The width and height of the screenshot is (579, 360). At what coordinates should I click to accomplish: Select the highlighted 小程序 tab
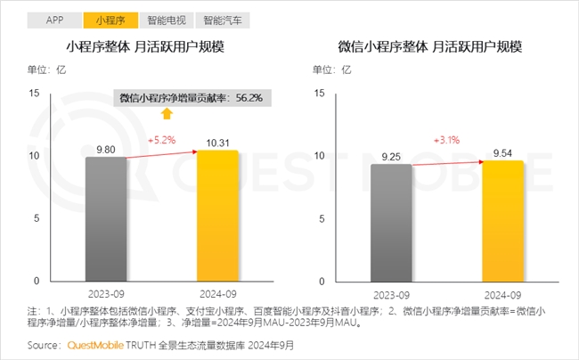110,19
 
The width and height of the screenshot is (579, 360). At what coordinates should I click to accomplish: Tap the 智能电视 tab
167,19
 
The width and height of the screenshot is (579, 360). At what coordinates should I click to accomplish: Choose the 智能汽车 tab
221,19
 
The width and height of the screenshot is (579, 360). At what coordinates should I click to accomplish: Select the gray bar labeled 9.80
106,218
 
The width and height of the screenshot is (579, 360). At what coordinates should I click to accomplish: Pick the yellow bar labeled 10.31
217,215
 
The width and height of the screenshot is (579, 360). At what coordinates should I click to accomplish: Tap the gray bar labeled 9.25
391,222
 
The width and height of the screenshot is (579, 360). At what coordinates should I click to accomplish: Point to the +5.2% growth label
163,141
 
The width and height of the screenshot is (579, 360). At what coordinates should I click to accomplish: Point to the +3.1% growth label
448,141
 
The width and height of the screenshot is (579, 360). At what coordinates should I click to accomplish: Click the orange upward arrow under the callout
166,113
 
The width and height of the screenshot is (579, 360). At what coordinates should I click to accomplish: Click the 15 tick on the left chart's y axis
35,93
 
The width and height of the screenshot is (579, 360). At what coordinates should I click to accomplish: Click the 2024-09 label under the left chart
217,294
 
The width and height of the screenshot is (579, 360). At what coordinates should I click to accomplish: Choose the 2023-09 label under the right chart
391,294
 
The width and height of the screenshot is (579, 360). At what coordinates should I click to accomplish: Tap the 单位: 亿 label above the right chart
329,69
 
